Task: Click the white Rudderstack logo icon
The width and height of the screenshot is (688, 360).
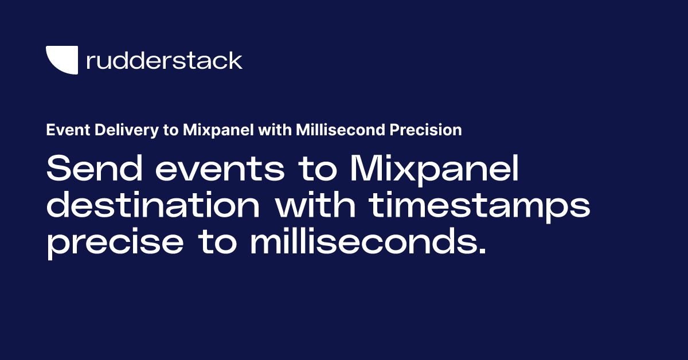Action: coord(61,60)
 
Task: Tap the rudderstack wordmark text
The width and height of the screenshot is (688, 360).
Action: coord(164,60)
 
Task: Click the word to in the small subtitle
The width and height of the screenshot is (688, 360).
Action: coord(169,130)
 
